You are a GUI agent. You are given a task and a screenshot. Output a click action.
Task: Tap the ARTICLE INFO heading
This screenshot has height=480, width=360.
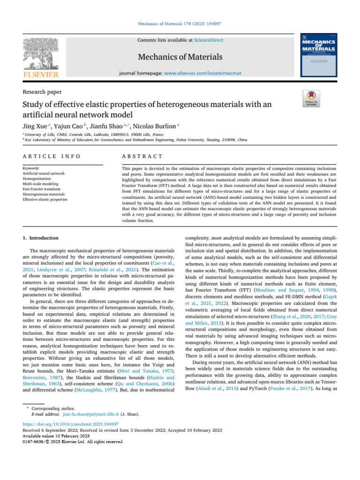pyautogui.click(x=51, y=156)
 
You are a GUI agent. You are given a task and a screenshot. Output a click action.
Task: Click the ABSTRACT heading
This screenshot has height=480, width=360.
pyautogui.click(x=142, y=156)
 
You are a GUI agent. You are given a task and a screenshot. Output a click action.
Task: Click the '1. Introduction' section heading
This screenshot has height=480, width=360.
pyautogui.click(x=41, y=238)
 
